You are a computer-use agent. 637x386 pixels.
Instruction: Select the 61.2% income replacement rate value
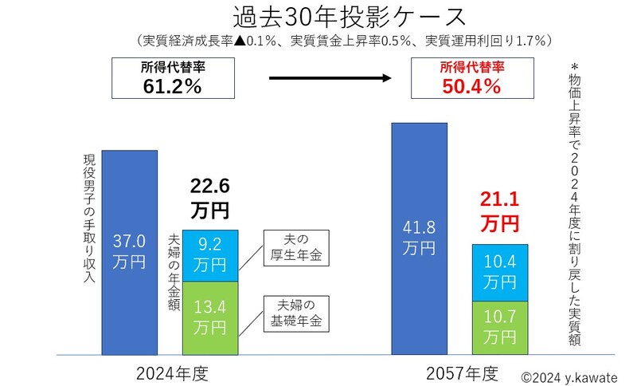tap(172, 86)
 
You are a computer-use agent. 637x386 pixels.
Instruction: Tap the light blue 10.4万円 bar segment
tap(499, 272)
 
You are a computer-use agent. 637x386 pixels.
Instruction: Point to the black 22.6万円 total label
tap(209, 198)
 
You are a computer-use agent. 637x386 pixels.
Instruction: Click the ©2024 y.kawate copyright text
tap(569, 376)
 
